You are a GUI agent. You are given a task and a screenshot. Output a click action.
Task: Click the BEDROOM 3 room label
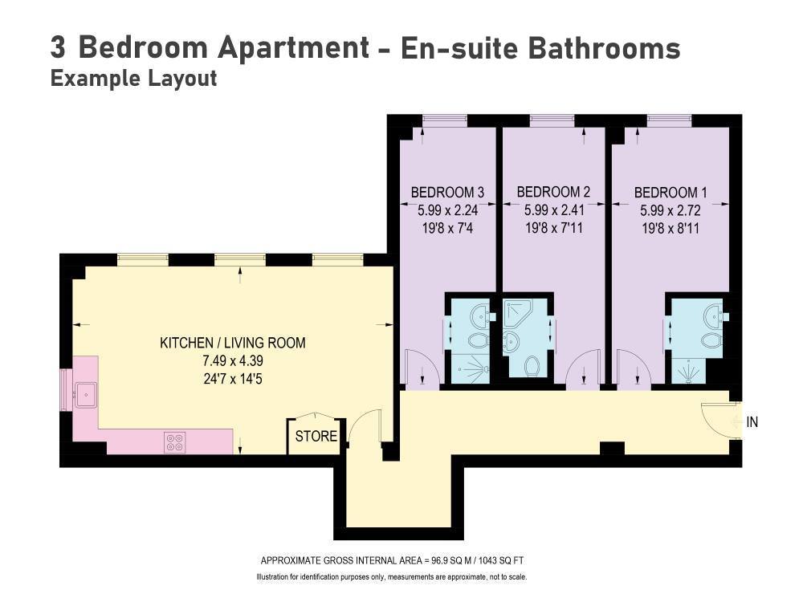(x=447, y=193)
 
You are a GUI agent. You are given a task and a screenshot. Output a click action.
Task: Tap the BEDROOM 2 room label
(x=553, y=192)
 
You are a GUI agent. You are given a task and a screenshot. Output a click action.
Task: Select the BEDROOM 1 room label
(x=671, y=193)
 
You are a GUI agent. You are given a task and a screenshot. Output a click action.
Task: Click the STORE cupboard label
(x=316, y=436)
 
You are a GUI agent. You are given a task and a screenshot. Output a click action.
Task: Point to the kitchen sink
(x=86, y=395)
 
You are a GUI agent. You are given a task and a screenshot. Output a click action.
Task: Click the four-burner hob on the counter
(x=174, y=442)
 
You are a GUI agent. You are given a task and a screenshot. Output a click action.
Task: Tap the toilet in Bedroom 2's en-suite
(x=532, y=365)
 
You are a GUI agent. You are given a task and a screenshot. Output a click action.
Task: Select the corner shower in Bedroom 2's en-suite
(x=518, y=312)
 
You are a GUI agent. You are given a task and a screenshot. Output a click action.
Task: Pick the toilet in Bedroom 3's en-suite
(x=478, y=340)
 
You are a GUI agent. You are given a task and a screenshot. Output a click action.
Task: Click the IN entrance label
(x=752, y=422)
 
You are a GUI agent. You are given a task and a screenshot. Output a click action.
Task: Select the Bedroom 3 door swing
(x=421, y=367)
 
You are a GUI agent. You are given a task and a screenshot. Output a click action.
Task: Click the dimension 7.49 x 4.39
(x=233, y=361)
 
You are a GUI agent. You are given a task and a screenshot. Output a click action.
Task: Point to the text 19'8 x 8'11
(x=671, y=228)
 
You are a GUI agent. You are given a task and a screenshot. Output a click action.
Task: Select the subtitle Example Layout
(x=133, y=79)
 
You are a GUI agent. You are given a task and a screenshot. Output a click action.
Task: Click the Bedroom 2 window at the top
(x=552, y=121)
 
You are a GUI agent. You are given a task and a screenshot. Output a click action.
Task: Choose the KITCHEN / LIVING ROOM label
(x=233, y=343)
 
